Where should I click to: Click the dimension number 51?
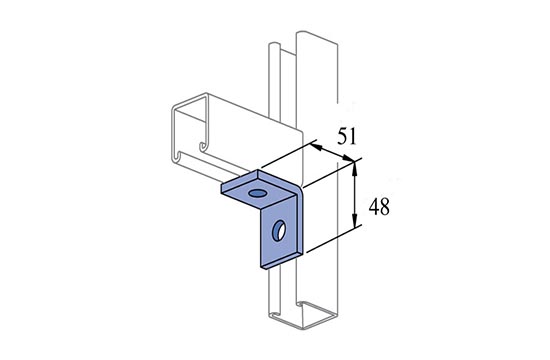click(347, 136)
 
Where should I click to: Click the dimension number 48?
click(379, 207)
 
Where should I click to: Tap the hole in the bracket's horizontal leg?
click(257, 193)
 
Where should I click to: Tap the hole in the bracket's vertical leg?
click(279, 230)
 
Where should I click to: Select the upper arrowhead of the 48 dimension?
click(355, 169)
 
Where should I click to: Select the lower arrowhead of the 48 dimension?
click(355, 220)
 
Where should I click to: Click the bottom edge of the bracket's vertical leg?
click(282, 260)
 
